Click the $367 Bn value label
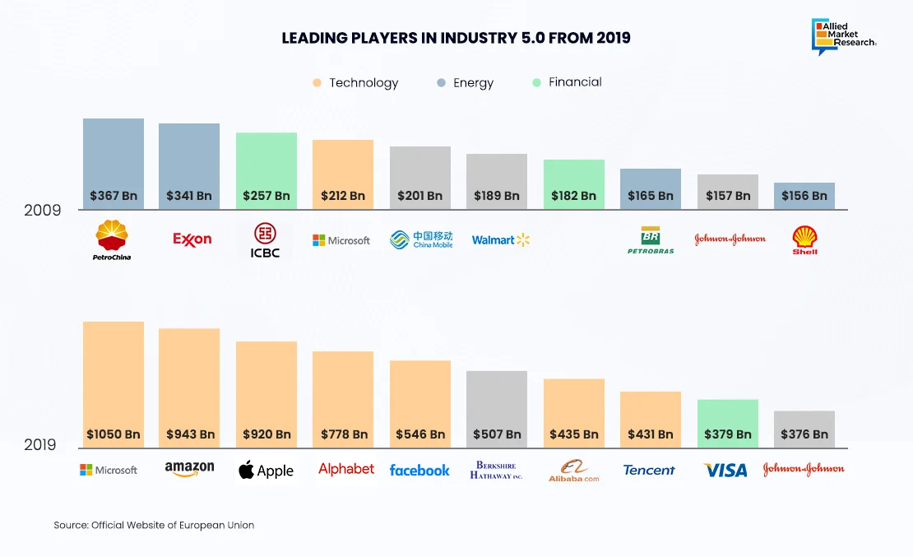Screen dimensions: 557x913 tap(114, 196)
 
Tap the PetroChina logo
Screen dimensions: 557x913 tap(113, 239)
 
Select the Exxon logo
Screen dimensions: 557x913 tap(192, 239)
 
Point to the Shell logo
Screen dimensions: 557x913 tap(804, 239)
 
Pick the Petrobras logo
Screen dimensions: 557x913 tap(651, 239)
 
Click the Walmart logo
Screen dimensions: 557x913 tap(501, 240)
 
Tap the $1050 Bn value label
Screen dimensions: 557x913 tap(114, 434)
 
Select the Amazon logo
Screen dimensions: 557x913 tap(189, 469)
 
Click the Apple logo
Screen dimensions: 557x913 tap(266, 471)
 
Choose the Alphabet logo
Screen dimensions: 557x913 tap(346, 469)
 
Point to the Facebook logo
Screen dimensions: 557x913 tap(419, 471)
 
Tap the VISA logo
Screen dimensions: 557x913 tap(725, 470)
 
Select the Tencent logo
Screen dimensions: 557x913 tap(649, 470)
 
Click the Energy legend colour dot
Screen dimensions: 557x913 tap(441, 83)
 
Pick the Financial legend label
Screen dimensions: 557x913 tap(575, 82)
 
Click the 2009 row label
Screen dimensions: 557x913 tap(42, 210)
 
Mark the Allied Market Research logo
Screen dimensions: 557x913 tap(844, 36)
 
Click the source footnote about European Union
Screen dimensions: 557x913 tap(154, 525)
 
